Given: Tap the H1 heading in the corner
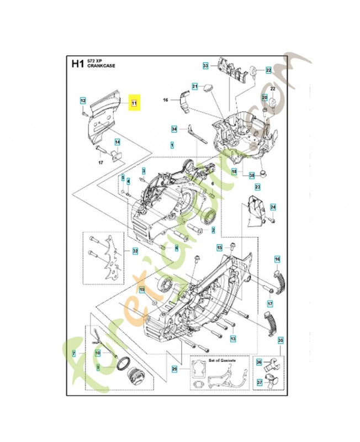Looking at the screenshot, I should coord(77,64).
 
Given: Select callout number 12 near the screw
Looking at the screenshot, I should coord(83,101).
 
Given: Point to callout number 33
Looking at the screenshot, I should coord(205,66).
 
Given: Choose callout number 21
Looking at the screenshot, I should coord(194,86).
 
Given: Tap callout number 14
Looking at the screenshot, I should coord(117,142).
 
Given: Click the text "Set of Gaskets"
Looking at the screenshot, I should coord(221,361).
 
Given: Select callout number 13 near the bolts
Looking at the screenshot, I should coord(233,338).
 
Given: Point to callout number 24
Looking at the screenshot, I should coord(272,207).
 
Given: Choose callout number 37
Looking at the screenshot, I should coord(259,381).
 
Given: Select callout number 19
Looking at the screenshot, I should coord(141,290).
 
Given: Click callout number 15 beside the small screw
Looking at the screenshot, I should coord(219,248).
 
